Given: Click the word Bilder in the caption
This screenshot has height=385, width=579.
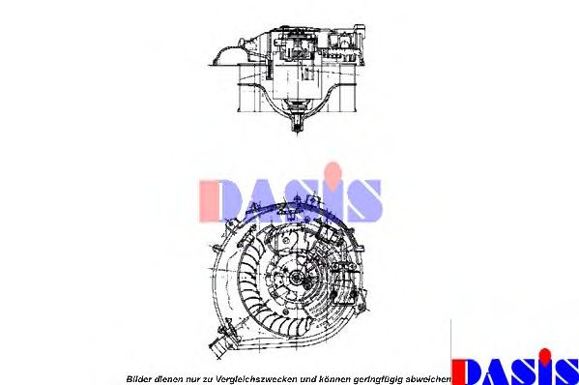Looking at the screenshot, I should (x=141, y=377).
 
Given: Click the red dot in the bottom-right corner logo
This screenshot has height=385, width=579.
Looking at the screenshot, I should (x=547, y=351).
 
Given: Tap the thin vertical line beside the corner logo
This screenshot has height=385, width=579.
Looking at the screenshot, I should (x=451, y=348).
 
